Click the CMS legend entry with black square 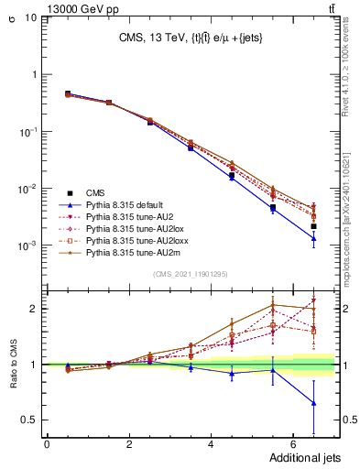(x=95, y=192)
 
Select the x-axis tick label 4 (x=211, y=444)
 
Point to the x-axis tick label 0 (x=47, y=444)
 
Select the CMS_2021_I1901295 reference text (x=190, y=275)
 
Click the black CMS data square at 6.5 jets (x=313, y=226)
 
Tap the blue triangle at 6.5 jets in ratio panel (x=313, y=403)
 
